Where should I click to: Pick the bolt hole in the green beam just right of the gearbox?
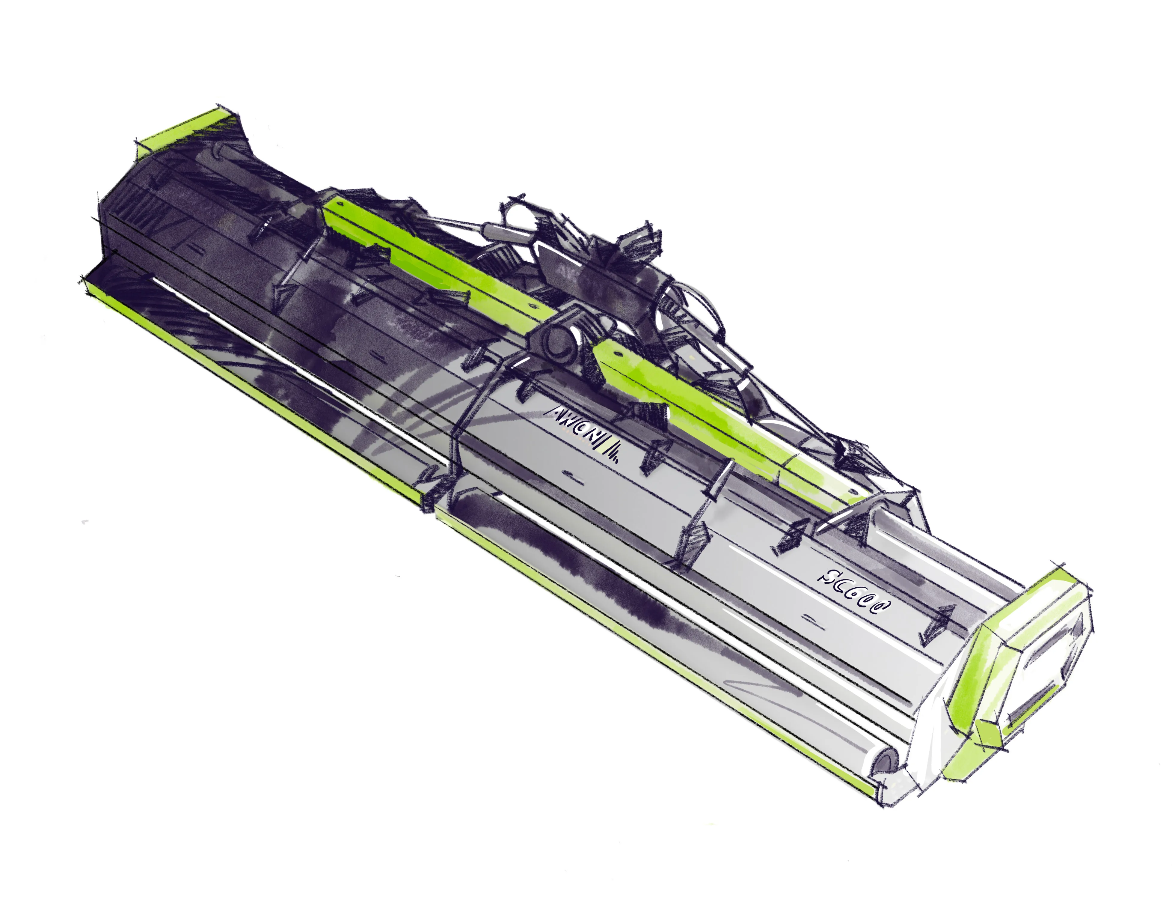[x=616, y=354]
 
